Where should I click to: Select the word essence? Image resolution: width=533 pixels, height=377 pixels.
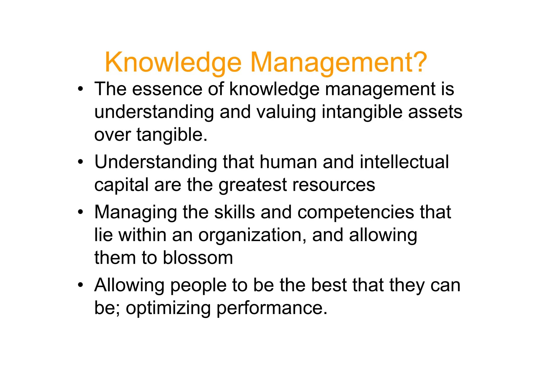click(x=167, y=89)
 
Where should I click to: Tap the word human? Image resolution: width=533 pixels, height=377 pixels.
click(x=288, y=162)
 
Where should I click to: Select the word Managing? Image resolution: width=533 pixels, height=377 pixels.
click(x=135, y=212)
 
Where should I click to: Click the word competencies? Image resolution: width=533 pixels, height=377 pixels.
click(x=355, y=212)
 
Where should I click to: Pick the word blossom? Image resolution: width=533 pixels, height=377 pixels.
click(x=198, y=258)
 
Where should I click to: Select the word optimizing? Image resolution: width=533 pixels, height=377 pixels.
click(x=168, y=308)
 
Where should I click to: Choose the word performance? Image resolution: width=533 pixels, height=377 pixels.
click(x=271, y=308)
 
